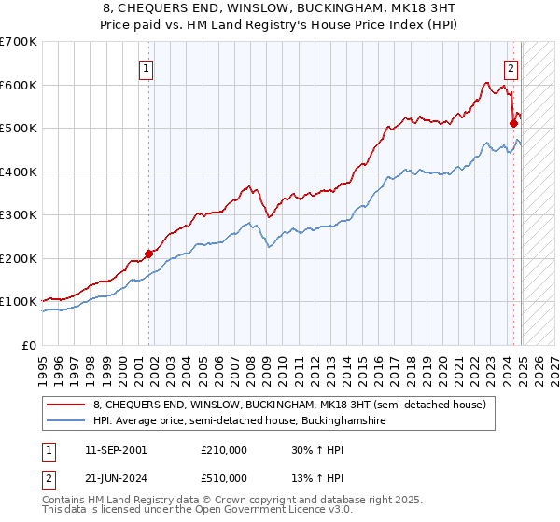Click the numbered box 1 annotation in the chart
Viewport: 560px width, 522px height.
pyautogui.click(x=147, y=67)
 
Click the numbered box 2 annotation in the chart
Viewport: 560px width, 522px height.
pyautogui.click(x=511, y=67)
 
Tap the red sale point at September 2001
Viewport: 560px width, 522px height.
pyautogui.click(x=148, y=253)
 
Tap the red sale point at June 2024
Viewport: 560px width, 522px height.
pyautogui.click(x=513, y=122)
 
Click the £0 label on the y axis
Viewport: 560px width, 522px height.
pyautogui.click(x=29, y=345)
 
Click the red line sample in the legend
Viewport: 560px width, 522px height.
pyautogui.click(x=67, y=405)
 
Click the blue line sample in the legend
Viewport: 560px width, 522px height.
pyautogui.click(x=67, y=421)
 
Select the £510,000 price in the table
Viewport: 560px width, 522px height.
pyautogui.click(x=224, y=478)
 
